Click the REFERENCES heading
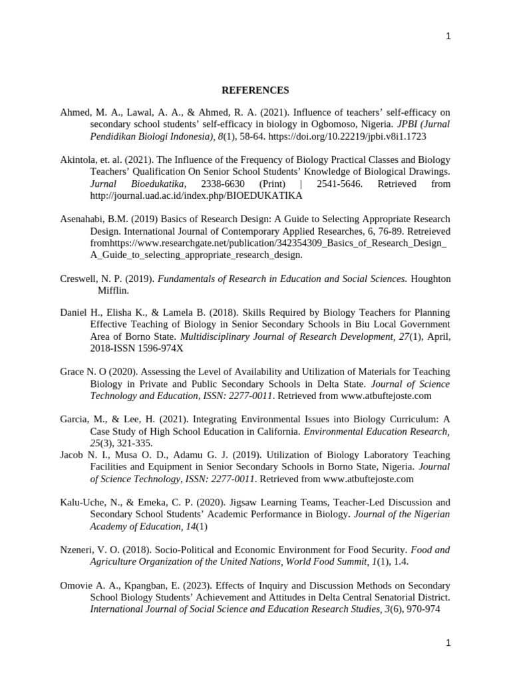click(255, 90)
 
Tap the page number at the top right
click(448, 37)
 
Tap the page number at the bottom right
click(448, 643)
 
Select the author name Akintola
click(79, 160)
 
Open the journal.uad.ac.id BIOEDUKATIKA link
click(196, 196)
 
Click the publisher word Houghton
click(430, 279)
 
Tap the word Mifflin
click(114, 291)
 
